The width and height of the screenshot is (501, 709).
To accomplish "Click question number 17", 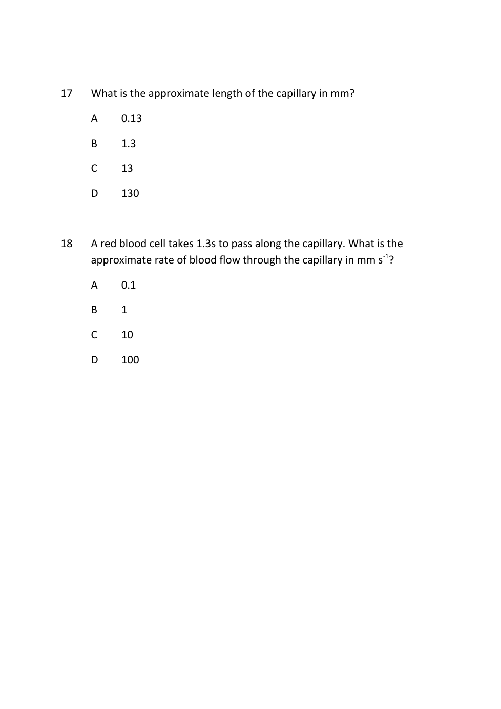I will pyautogui.click(x=67, y=93).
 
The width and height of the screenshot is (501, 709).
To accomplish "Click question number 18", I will pyautogui.click(x=67, y=244).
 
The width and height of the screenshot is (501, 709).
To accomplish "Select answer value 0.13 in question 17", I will pyautogui.click(x=131, y=118).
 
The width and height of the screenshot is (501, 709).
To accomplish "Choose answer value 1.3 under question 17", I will pyautogui.click(x=128, y=144).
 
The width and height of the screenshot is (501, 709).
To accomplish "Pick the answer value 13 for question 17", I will pyautogui.click(x=127, y=168).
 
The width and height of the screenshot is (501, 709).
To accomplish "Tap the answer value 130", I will pyautogui.click(x=130, y=193).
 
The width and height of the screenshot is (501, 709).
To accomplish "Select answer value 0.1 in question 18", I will pyautogui.click(x=128, y=285).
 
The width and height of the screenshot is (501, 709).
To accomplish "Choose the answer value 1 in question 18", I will pyautogui.click(x=124, y=310).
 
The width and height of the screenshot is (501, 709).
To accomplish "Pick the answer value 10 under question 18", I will pyautogui.click(x=127, y=335).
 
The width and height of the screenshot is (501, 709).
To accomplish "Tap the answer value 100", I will pyautogui.click(x=130, y=360).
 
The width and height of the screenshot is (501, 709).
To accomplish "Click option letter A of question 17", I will pyautogui.click(x=94, y=118).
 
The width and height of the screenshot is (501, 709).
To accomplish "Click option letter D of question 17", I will pyautogui.click(x=94, y=193).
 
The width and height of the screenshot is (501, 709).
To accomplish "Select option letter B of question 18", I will pyautogui.click(x=94, y=310).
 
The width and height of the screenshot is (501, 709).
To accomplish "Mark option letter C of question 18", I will pyautogui.click(x=94, y=335).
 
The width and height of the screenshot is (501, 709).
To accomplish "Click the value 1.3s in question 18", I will pyautogui.click(x=206, y=244).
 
